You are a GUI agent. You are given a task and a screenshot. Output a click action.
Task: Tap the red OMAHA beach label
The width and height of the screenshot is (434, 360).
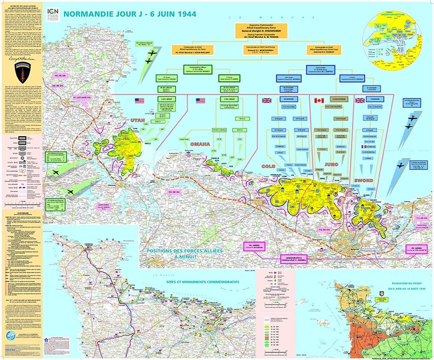[x=200, y=144]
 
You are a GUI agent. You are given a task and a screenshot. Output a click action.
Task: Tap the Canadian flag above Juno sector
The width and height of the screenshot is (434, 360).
[x=319, y=100]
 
